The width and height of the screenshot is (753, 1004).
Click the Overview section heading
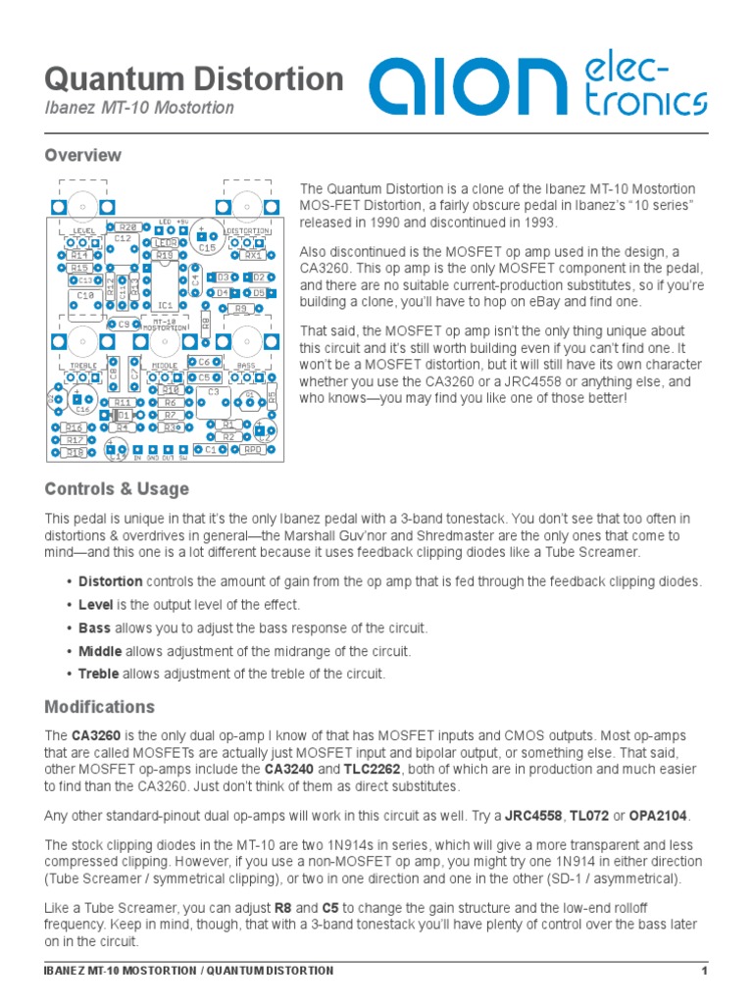[x=83, y=155]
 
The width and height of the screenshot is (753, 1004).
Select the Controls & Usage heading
[x=117, y=488]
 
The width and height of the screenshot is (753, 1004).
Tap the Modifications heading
[x=100, y=707]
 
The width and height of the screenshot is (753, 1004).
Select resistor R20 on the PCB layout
[x=129, y=227]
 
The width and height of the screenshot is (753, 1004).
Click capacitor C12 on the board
[x=123, y=238]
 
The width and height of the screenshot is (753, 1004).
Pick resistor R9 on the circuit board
[x=241, y=308]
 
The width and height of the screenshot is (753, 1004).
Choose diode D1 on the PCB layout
[x=123, y=416]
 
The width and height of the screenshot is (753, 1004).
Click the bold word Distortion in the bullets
[x=110, y=581]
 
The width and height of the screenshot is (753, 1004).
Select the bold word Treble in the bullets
[x=101, y=674]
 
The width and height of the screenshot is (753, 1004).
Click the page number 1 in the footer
[x=704, y=971]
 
